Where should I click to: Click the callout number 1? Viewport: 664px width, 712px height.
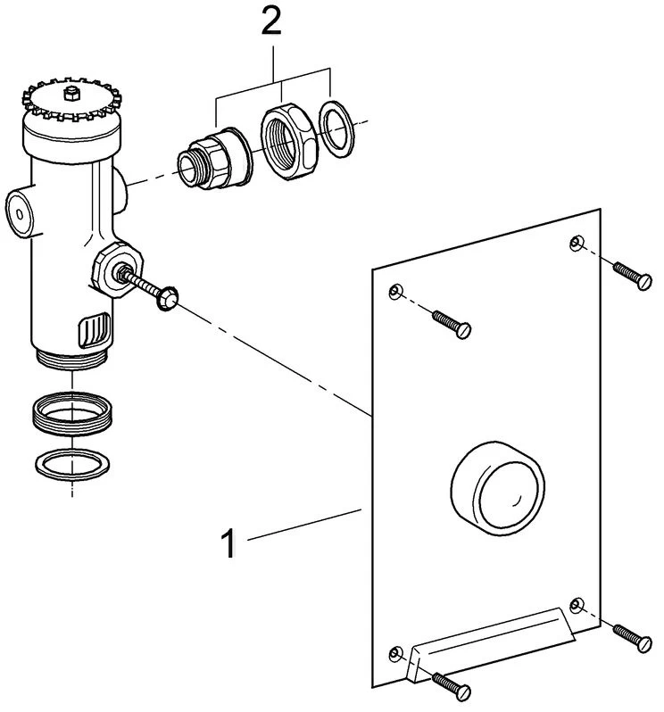coord(228,542)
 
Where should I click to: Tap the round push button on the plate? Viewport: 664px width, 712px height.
coord(498,488)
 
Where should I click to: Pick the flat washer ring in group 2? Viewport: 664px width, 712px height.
coord(336,129)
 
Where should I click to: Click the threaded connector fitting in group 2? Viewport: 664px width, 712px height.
coord(214,158)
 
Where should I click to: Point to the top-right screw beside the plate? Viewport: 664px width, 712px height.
coord(633,276)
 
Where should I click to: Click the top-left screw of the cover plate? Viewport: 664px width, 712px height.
coord(452,324)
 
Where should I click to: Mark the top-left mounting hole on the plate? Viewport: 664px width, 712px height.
coord(396,291)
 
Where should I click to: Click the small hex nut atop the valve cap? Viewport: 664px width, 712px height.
coord(71,94)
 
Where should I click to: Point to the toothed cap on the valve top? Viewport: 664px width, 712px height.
coord(72,101)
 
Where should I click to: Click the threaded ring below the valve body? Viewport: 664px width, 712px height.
coord(72,414)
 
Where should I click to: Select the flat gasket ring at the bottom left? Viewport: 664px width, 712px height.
coord(72,464)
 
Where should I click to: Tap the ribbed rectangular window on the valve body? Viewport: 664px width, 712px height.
coord(95,330)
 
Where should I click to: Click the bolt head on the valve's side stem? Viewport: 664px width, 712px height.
coord(167,298)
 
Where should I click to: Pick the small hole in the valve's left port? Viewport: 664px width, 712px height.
coord(20,213)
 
